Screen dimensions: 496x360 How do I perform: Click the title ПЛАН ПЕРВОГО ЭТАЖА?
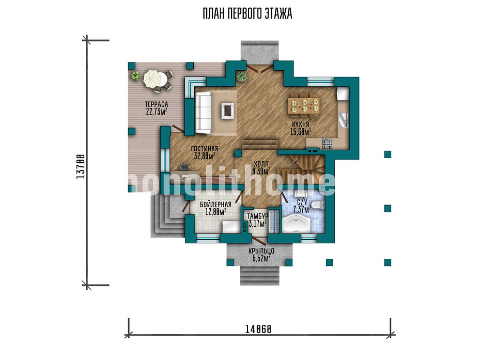click(x=247, y=14)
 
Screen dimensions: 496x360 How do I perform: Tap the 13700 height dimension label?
click(x=81, y=166)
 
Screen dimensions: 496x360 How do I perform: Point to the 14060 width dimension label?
click(x=258, y=330)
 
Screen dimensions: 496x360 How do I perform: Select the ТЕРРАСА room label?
click(x=157, y=104)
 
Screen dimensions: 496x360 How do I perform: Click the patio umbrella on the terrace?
click(x=153, y=79)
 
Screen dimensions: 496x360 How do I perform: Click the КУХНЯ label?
click(x=301, y=124)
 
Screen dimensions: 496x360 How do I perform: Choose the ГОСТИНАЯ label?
click(x=205, y=149)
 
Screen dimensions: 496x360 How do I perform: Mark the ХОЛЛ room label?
click(x=261, y=164)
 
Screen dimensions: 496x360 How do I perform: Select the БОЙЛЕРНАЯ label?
click(x=215, y=205)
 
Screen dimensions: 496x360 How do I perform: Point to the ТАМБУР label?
click(x=257, y=216)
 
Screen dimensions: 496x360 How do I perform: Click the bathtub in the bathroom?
click(x=296, y=224)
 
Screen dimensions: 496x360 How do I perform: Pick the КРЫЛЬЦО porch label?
click(x=261, y=251)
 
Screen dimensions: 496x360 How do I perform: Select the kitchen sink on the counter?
click(x=344, y=120)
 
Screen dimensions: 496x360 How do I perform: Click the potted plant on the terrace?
click(x=136, y=75)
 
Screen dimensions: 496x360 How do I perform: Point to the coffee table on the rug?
click(x=228, y=111)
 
